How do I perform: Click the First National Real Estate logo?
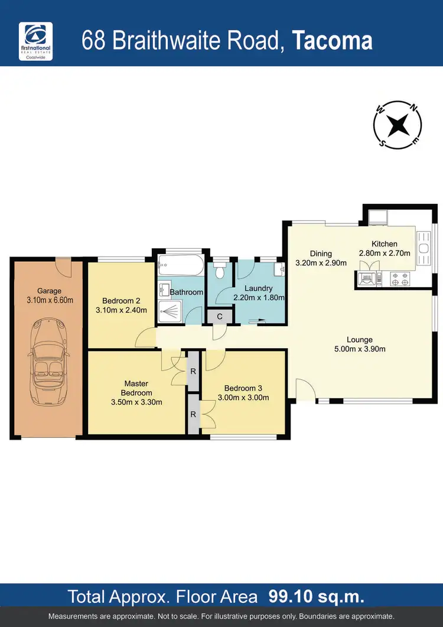pyautogui.click(x=36, y=40)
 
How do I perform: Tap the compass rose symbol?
pyautogui.click(x=397, y=125)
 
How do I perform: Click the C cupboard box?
pyautogui.click(x=220, y=316)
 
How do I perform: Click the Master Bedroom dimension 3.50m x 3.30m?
pyautogui.click(x=136, y=402)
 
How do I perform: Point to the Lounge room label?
pyautogui.click(x=359, y=340)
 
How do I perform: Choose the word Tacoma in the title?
pyautogui.click(x=333, y=41)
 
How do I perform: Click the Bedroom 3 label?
pyautogui.click(x=243, y=388)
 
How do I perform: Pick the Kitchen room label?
pyautogui.click(x=385, y=244)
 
